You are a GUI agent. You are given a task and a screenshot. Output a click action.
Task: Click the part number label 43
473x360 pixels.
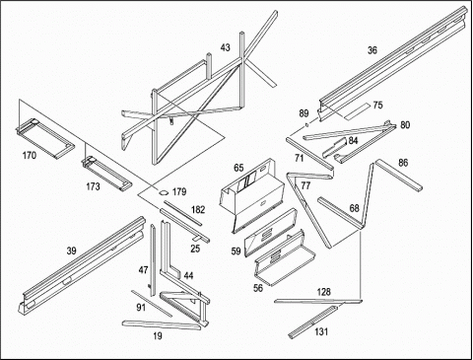click(226, 47)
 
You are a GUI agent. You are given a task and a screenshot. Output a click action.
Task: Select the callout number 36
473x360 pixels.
click(372, 50)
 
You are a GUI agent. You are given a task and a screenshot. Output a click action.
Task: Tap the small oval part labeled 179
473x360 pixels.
click(164, 192)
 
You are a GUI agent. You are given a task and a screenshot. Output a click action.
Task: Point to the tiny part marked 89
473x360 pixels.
click(306, 124)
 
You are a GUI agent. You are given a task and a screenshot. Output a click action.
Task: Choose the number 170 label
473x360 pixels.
click(30, 155)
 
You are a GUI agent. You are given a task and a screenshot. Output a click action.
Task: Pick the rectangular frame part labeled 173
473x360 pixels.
click(106, 174)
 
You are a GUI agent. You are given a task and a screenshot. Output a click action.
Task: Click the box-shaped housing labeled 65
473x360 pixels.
click(251, 194)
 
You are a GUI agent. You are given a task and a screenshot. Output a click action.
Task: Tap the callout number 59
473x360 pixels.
click(236, 252)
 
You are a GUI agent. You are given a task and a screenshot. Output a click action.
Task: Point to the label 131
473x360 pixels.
click(321, 331)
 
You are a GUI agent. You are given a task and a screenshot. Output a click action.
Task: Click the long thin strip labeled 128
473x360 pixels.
click(318, 301)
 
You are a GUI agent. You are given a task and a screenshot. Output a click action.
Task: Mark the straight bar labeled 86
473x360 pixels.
click(399, 175)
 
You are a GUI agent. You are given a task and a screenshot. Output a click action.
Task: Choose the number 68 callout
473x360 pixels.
click(355, 208)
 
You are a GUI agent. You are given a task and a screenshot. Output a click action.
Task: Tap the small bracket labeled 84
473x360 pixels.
click(334, 148)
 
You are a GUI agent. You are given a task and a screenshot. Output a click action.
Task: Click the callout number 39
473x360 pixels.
click(71, 252)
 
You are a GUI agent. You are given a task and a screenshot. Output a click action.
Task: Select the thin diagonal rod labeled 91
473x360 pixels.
click(152, 304)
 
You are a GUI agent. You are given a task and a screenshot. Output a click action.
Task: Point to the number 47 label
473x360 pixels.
click(143, 270)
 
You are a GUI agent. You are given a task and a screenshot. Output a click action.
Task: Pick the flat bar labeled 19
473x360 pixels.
click(162, 324)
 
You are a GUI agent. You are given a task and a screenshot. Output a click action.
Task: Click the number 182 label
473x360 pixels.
click(198, 210)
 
